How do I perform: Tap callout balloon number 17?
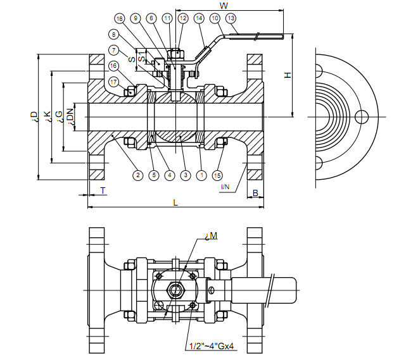pyautogui.click(x=113, y=82)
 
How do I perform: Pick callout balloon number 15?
pyautogui.click(x=218, y=175)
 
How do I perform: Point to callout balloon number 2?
pyautogui.click(x=137, y=175)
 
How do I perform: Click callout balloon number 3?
pyautogui.click(x=185, y=175)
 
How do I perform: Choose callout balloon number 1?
pyautogui.click(x=201, y=175)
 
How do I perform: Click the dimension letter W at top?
pyautogui.click(x=223, y=5)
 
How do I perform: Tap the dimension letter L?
pyautogui.click(x=175, y=202)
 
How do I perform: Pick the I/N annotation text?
pyautogui.click(x=225, y=187)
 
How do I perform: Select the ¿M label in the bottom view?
pyautogui.click(x=211, y=237)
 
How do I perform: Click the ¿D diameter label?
pyautogui.click(x=33, y=116)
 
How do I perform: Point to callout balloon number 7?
pyautogui.click(x=113, y=50)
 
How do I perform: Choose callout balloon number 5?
pyautogui.click(x=153, y=175)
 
